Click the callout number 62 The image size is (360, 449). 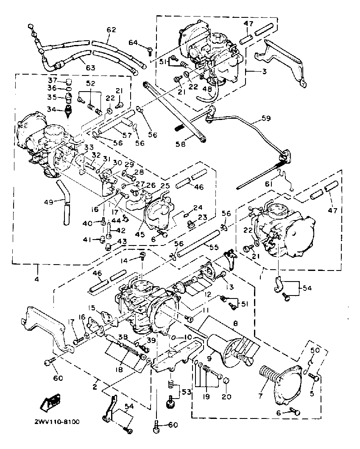point(111,30)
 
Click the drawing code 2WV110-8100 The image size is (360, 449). point(57,422)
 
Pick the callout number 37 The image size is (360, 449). point(52,80)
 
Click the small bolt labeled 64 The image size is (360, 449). point(150,51)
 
